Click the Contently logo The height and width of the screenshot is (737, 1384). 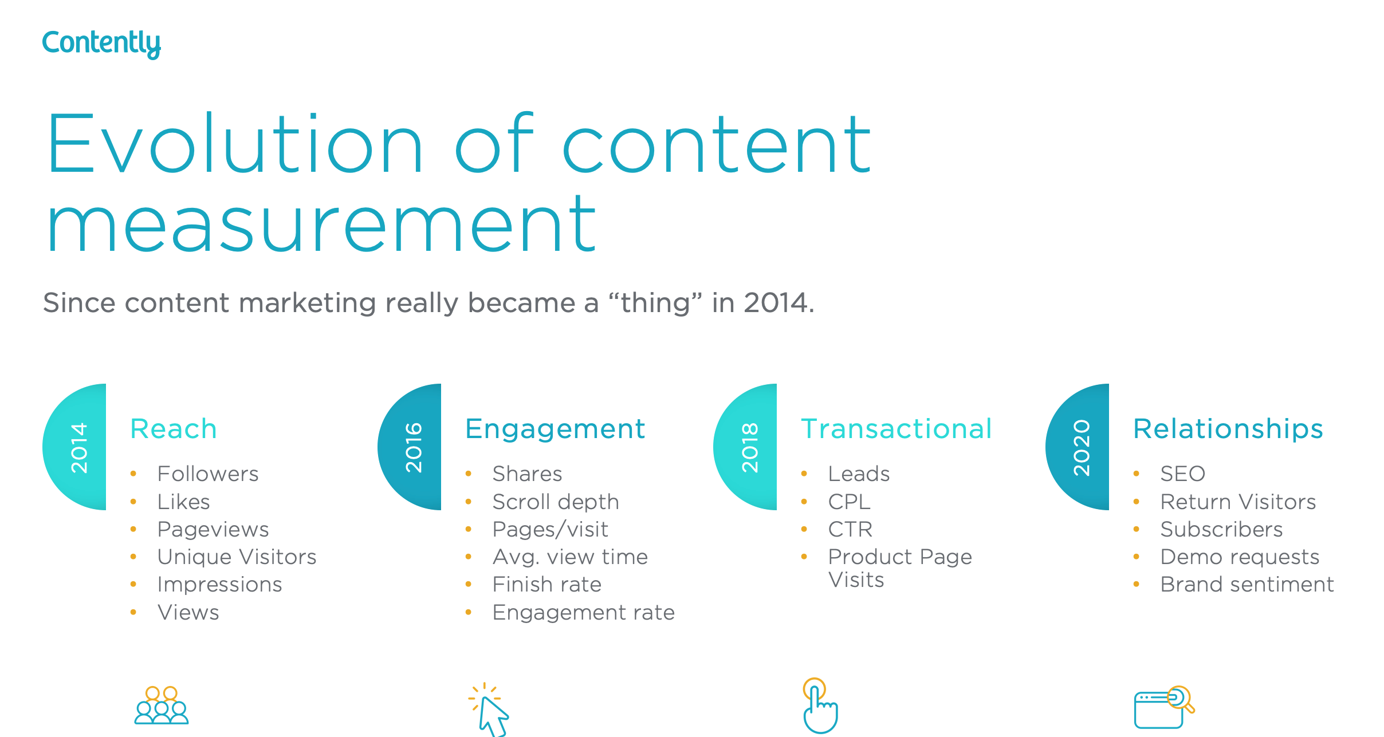[101, 44]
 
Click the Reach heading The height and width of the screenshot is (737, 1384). [174, 429]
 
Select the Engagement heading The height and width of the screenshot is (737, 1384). [555, 429]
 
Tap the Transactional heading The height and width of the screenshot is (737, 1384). [896, 429]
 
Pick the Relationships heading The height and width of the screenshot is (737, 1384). [1228, 429]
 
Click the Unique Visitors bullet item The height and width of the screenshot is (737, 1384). [237, 557]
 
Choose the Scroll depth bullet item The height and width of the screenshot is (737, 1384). [555, 502]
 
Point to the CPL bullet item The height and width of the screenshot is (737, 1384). [849, 502]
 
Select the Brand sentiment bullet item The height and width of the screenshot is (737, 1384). [1247, 584]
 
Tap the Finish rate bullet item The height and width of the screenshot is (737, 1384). [546, 584]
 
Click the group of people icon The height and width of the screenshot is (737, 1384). [162, 706]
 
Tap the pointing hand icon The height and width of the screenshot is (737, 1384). [820, 706]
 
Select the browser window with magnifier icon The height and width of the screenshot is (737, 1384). [1163, 707]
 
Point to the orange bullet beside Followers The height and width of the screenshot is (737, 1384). [133, 474]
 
